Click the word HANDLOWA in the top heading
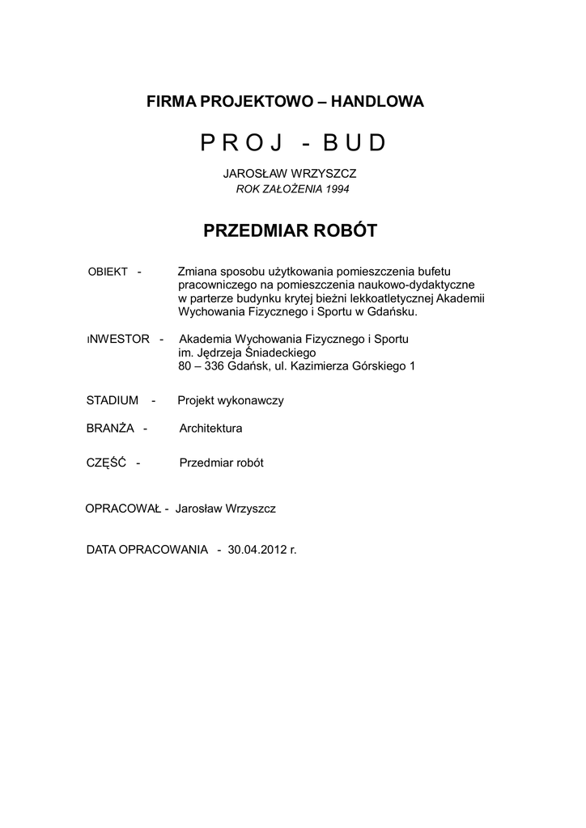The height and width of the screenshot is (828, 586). point(378,102)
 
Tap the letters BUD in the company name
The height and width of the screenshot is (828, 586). point(355,143)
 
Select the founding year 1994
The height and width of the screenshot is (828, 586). point(337,189)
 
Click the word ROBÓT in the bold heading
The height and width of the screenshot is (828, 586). point(343,231)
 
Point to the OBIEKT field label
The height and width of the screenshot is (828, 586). point(108,272)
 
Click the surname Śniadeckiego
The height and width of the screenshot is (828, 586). point(261,353)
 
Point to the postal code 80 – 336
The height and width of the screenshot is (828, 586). point(202,366)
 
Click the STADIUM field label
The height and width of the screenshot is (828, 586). point(113,400)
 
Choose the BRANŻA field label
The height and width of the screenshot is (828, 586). point(110,429)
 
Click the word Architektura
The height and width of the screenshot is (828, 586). point(210,429)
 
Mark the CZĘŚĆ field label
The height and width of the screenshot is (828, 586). point(106,463)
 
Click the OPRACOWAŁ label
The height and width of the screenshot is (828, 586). point(122,509)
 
